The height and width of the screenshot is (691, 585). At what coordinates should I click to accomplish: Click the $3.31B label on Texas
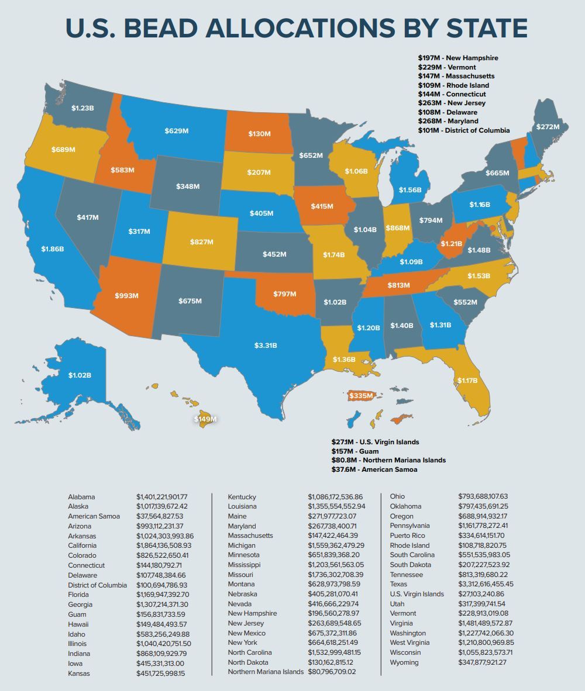[x=266, y=345]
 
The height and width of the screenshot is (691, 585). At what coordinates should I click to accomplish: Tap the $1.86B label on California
[x=53, y=248]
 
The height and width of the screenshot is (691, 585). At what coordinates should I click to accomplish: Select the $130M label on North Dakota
[x=259, y=134]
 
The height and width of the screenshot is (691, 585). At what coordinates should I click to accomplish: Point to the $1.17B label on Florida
[x=467, y=381]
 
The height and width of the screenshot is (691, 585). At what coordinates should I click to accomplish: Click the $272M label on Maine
[x=548, y=126]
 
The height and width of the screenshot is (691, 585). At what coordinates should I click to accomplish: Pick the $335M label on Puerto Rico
[x=361, y=396]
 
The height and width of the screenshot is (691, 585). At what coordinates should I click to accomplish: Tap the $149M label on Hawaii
[x=205, y=419]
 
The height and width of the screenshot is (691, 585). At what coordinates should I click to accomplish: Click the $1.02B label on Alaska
[x=80, y=375]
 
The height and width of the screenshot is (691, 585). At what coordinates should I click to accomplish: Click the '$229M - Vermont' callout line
[x=447, y=67]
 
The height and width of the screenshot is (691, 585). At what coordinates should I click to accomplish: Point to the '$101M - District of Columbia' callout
[x=463, y=130]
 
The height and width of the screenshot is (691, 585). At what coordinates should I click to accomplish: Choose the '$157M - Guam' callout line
[x=355, y=451]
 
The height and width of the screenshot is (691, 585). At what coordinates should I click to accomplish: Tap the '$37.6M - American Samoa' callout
[x=374, y=469]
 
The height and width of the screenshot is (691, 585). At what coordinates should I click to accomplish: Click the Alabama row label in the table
[x=81, y=497]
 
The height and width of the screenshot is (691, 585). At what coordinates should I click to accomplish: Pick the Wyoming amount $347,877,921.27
[x=482, y=662]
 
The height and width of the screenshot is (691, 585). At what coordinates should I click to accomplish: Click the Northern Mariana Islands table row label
[x=266, y=672]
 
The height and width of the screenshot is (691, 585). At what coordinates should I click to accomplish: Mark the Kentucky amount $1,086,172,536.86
[x=335, y=497]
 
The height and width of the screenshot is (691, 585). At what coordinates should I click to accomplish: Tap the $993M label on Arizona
[x=126, y=295]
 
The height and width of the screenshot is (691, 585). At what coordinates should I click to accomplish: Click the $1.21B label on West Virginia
[x=452, y=243]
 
